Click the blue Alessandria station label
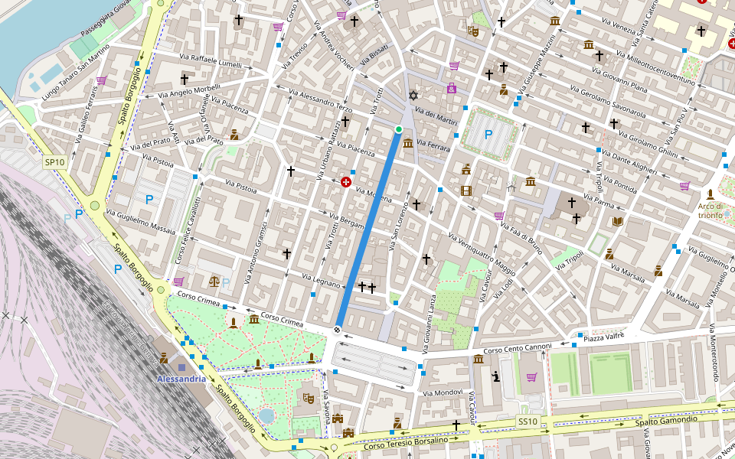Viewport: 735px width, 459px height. (181, 379)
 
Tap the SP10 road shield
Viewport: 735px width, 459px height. (54, 162)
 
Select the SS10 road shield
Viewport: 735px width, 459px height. (528, 422)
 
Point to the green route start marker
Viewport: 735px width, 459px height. (398, 129)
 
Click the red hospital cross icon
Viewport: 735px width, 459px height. (346, 183)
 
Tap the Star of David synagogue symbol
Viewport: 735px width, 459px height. (414, 95)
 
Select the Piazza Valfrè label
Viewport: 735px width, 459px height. (604, 337)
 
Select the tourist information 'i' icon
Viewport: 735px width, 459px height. (495, 376)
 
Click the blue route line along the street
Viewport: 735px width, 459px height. (367, 229)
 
